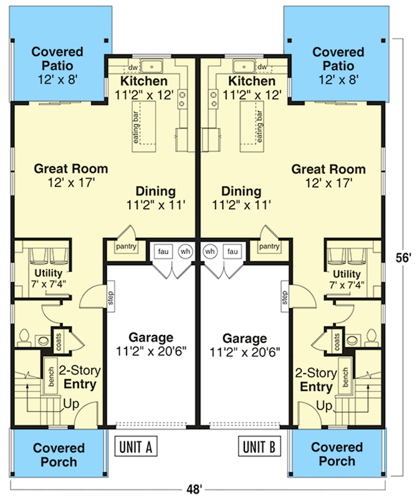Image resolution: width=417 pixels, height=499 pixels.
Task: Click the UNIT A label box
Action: tap(137, 447)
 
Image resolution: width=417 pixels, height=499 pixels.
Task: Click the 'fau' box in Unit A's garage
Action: tap(163, 251)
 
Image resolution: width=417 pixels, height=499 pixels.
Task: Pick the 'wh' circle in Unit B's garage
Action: tap(210, 251)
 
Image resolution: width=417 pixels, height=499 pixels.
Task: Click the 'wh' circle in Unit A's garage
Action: tap(185, 251)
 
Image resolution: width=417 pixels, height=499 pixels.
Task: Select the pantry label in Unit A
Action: tap(125, 247)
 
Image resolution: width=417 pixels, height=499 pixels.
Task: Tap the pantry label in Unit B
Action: tap(269, 247)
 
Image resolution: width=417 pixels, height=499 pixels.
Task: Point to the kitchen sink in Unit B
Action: tap(241, 66)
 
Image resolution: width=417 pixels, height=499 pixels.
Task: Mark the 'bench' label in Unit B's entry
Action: tap(343, 375)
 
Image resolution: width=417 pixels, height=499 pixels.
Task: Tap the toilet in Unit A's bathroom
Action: tap(24, 338)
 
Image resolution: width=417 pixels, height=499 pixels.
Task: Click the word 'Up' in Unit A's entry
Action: tap(72, 405)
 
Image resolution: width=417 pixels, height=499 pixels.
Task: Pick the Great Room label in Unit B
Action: tap(328, 169)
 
